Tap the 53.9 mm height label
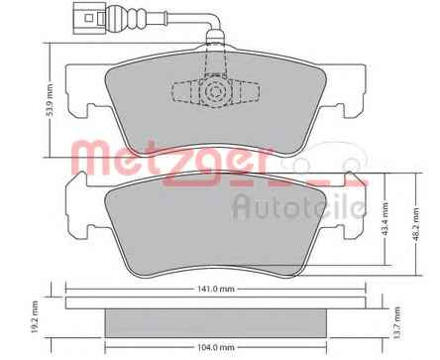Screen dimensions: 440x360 pos(50,100)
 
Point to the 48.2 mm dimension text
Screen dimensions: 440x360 pos(415,224)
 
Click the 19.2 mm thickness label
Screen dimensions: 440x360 pos(34,316)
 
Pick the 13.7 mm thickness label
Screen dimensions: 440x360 pos(397,322)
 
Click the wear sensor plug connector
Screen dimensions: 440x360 pos(87,18)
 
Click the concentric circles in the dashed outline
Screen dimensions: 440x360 pos(216,91)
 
